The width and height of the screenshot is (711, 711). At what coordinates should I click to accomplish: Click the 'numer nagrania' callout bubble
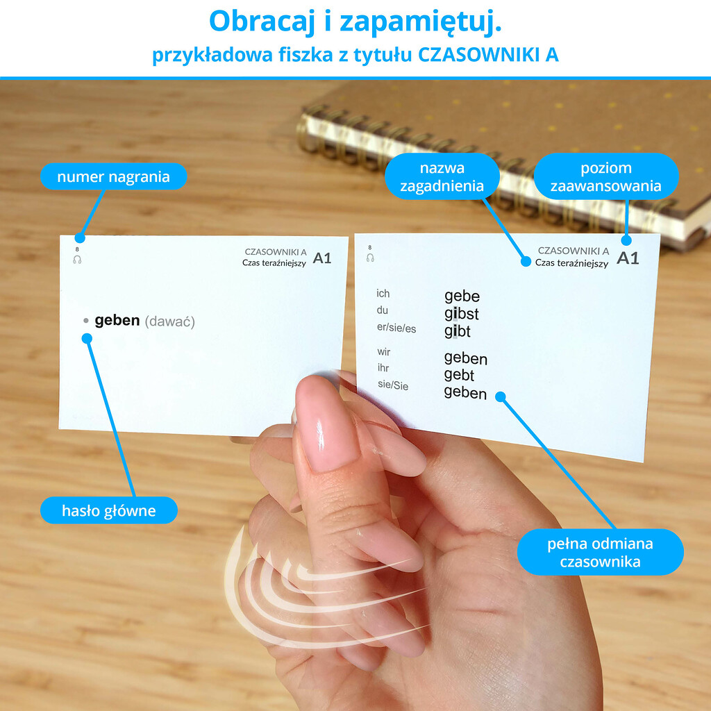[x=113, y=176]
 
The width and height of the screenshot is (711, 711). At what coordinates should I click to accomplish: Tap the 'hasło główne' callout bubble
[x=109, y=510]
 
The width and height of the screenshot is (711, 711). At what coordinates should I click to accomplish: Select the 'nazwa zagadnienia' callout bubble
[x=442, y=176]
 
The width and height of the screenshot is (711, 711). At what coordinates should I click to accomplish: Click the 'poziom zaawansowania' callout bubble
[x=605, y=176]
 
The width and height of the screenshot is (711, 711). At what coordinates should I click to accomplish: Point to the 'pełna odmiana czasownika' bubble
[x=600, y=552]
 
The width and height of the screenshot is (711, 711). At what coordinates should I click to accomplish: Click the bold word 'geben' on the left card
[x=117, y=321]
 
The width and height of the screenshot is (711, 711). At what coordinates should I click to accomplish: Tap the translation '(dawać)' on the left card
[x=170, y=321]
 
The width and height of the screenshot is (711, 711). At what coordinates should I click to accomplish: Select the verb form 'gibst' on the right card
[x=462, y=314]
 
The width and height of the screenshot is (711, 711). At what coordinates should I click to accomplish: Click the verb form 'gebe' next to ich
[x=462, y=296]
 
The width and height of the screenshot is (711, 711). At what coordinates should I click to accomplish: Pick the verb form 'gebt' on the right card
[x=459, y=375]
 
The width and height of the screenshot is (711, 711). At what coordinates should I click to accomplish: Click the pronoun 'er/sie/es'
[x=396, y=328]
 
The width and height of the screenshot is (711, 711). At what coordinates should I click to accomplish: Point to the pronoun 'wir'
[x=383, y=352]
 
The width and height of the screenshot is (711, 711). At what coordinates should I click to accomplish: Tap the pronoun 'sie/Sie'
[x=393, y=385]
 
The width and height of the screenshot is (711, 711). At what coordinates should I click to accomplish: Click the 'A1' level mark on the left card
[x=322, y=258]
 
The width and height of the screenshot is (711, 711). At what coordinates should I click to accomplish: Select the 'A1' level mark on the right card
[x=628, y=258]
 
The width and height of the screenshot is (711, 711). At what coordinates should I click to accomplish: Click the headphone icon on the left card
[x=77, y=260]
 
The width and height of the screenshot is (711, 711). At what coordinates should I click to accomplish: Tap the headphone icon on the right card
[x=370, y=258]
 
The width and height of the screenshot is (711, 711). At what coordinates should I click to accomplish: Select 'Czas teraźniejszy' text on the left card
[x=274, y=263]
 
